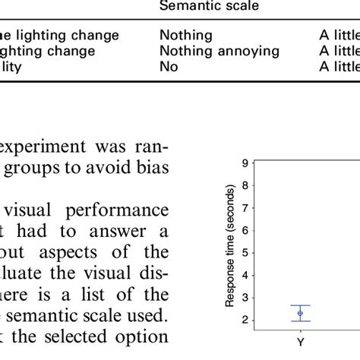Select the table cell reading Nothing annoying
pos(219,51)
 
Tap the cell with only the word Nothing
pos(186,35)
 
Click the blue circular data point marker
pos(300,313)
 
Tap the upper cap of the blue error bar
pos(300,305)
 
